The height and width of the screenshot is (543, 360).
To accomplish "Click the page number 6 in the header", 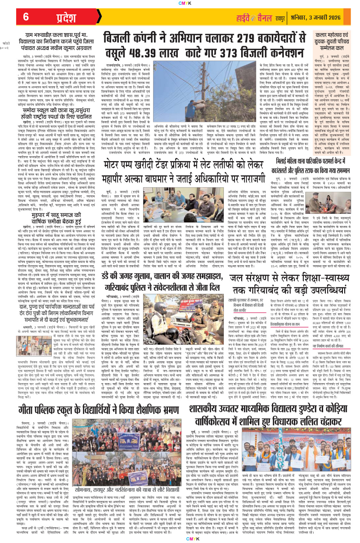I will (26, 17).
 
